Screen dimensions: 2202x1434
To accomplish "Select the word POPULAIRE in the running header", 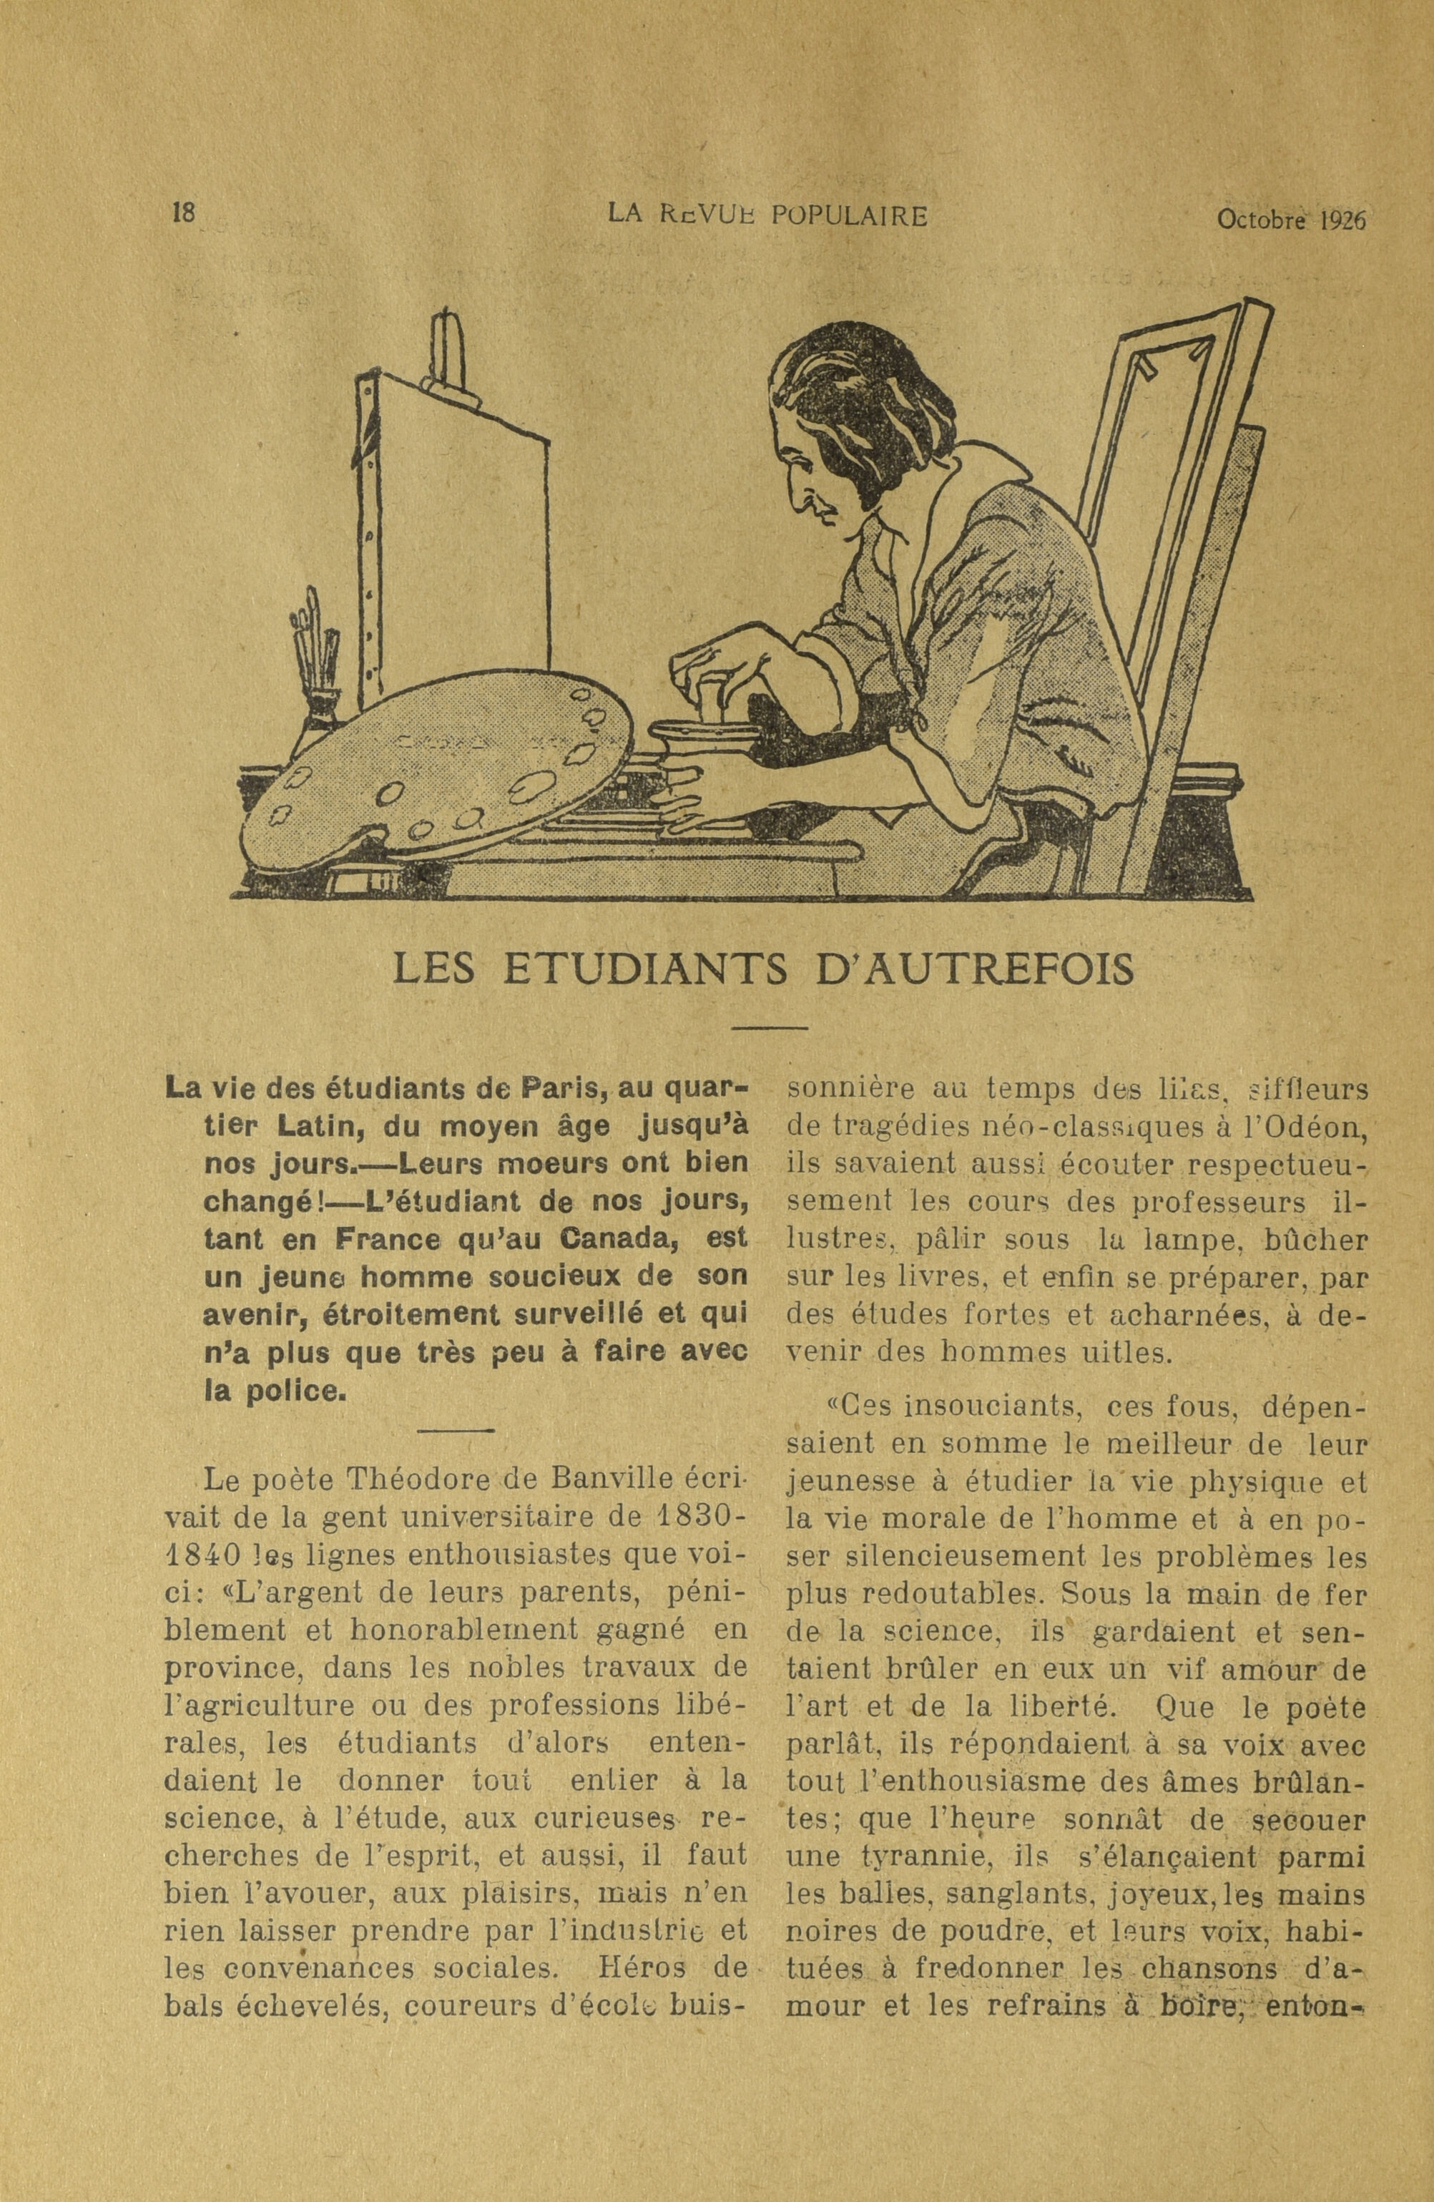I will [x=848, y=217].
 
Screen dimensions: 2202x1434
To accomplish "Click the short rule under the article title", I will [x=770, y=1027].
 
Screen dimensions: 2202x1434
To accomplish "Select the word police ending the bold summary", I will [x=280, y=1389].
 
